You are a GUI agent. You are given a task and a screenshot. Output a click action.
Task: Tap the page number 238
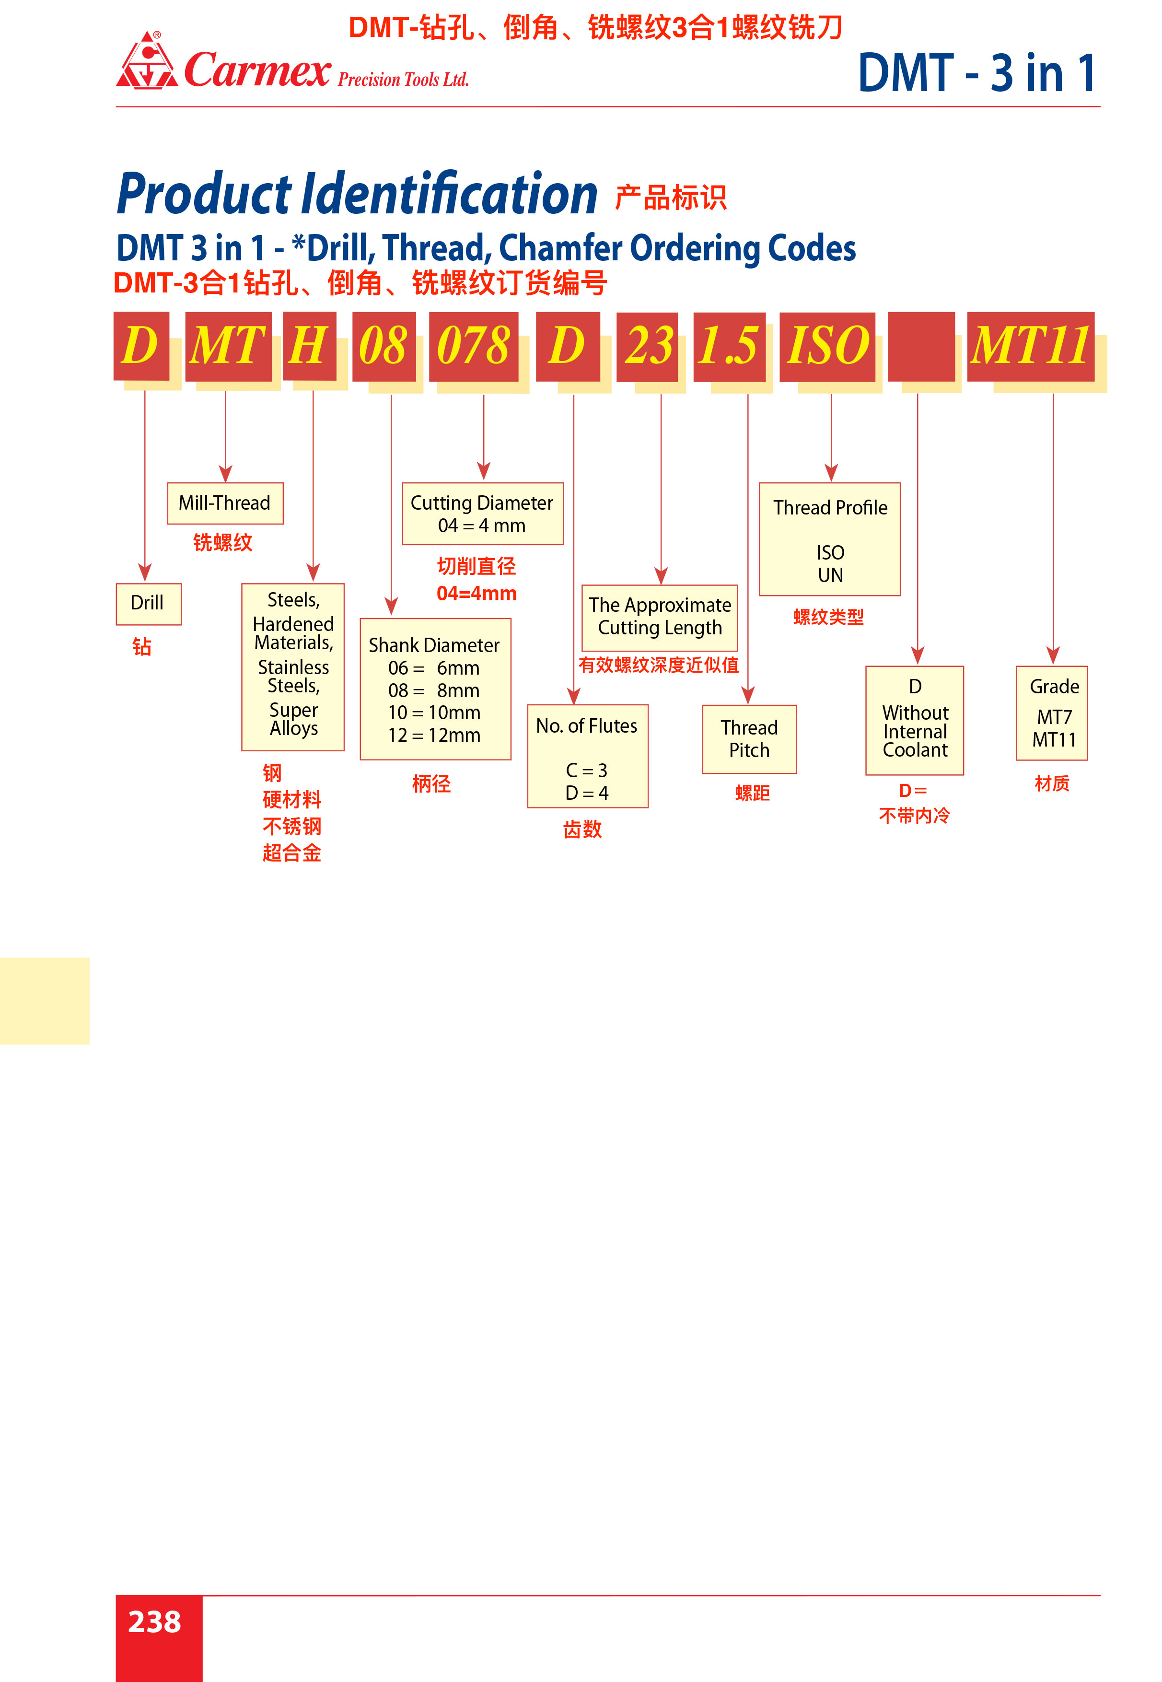[x=154, y=1622]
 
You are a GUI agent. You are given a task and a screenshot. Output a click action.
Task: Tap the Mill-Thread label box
[x=225, y=503]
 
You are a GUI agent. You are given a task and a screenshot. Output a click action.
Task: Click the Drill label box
[x=149, y=604]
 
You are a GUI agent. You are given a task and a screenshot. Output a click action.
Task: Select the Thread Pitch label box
[x=749, y=739]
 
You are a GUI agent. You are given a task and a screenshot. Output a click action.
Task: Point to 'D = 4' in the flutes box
[x=587, y=793]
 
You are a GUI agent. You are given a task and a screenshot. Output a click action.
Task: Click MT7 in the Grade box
[x=1054, y=717]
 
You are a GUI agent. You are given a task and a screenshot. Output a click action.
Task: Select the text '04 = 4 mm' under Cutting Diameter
[x=481, y=526]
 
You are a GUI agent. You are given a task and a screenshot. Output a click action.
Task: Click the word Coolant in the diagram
[x=915, y=750]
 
